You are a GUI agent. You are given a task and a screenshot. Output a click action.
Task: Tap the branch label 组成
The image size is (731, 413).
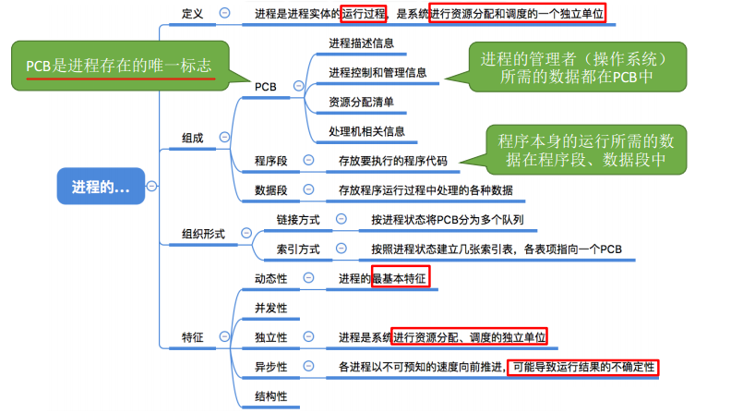click(193, 137)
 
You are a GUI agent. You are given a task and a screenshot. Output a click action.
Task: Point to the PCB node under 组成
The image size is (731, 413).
click(267, 86)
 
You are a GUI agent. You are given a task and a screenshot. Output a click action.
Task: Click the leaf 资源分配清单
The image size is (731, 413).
click(360, 102)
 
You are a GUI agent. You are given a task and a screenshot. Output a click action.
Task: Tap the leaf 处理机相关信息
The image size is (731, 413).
click(366, 131)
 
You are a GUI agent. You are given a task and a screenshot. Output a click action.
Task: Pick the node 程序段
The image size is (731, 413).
click(271, 161)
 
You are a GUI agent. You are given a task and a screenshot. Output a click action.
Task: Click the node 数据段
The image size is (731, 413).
click(271, 190)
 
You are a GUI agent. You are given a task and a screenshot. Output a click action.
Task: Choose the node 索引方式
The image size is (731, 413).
click(298, 249)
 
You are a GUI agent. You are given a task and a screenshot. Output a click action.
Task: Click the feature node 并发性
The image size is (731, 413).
click(271, 308)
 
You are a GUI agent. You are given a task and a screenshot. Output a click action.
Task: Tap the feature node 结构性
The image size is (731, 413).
click(271, 396)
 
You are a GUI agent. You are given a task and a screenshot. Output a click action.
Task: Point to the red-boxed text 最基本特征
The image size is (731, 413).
click(401, 278)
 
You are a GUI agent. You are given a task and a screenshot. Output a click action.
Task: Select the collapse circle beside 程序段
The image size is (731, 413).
click(308, 161)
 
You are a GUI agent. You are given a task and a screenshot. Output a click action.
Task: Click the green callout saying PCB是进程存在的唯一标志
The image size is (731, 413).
click(119, 67)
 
